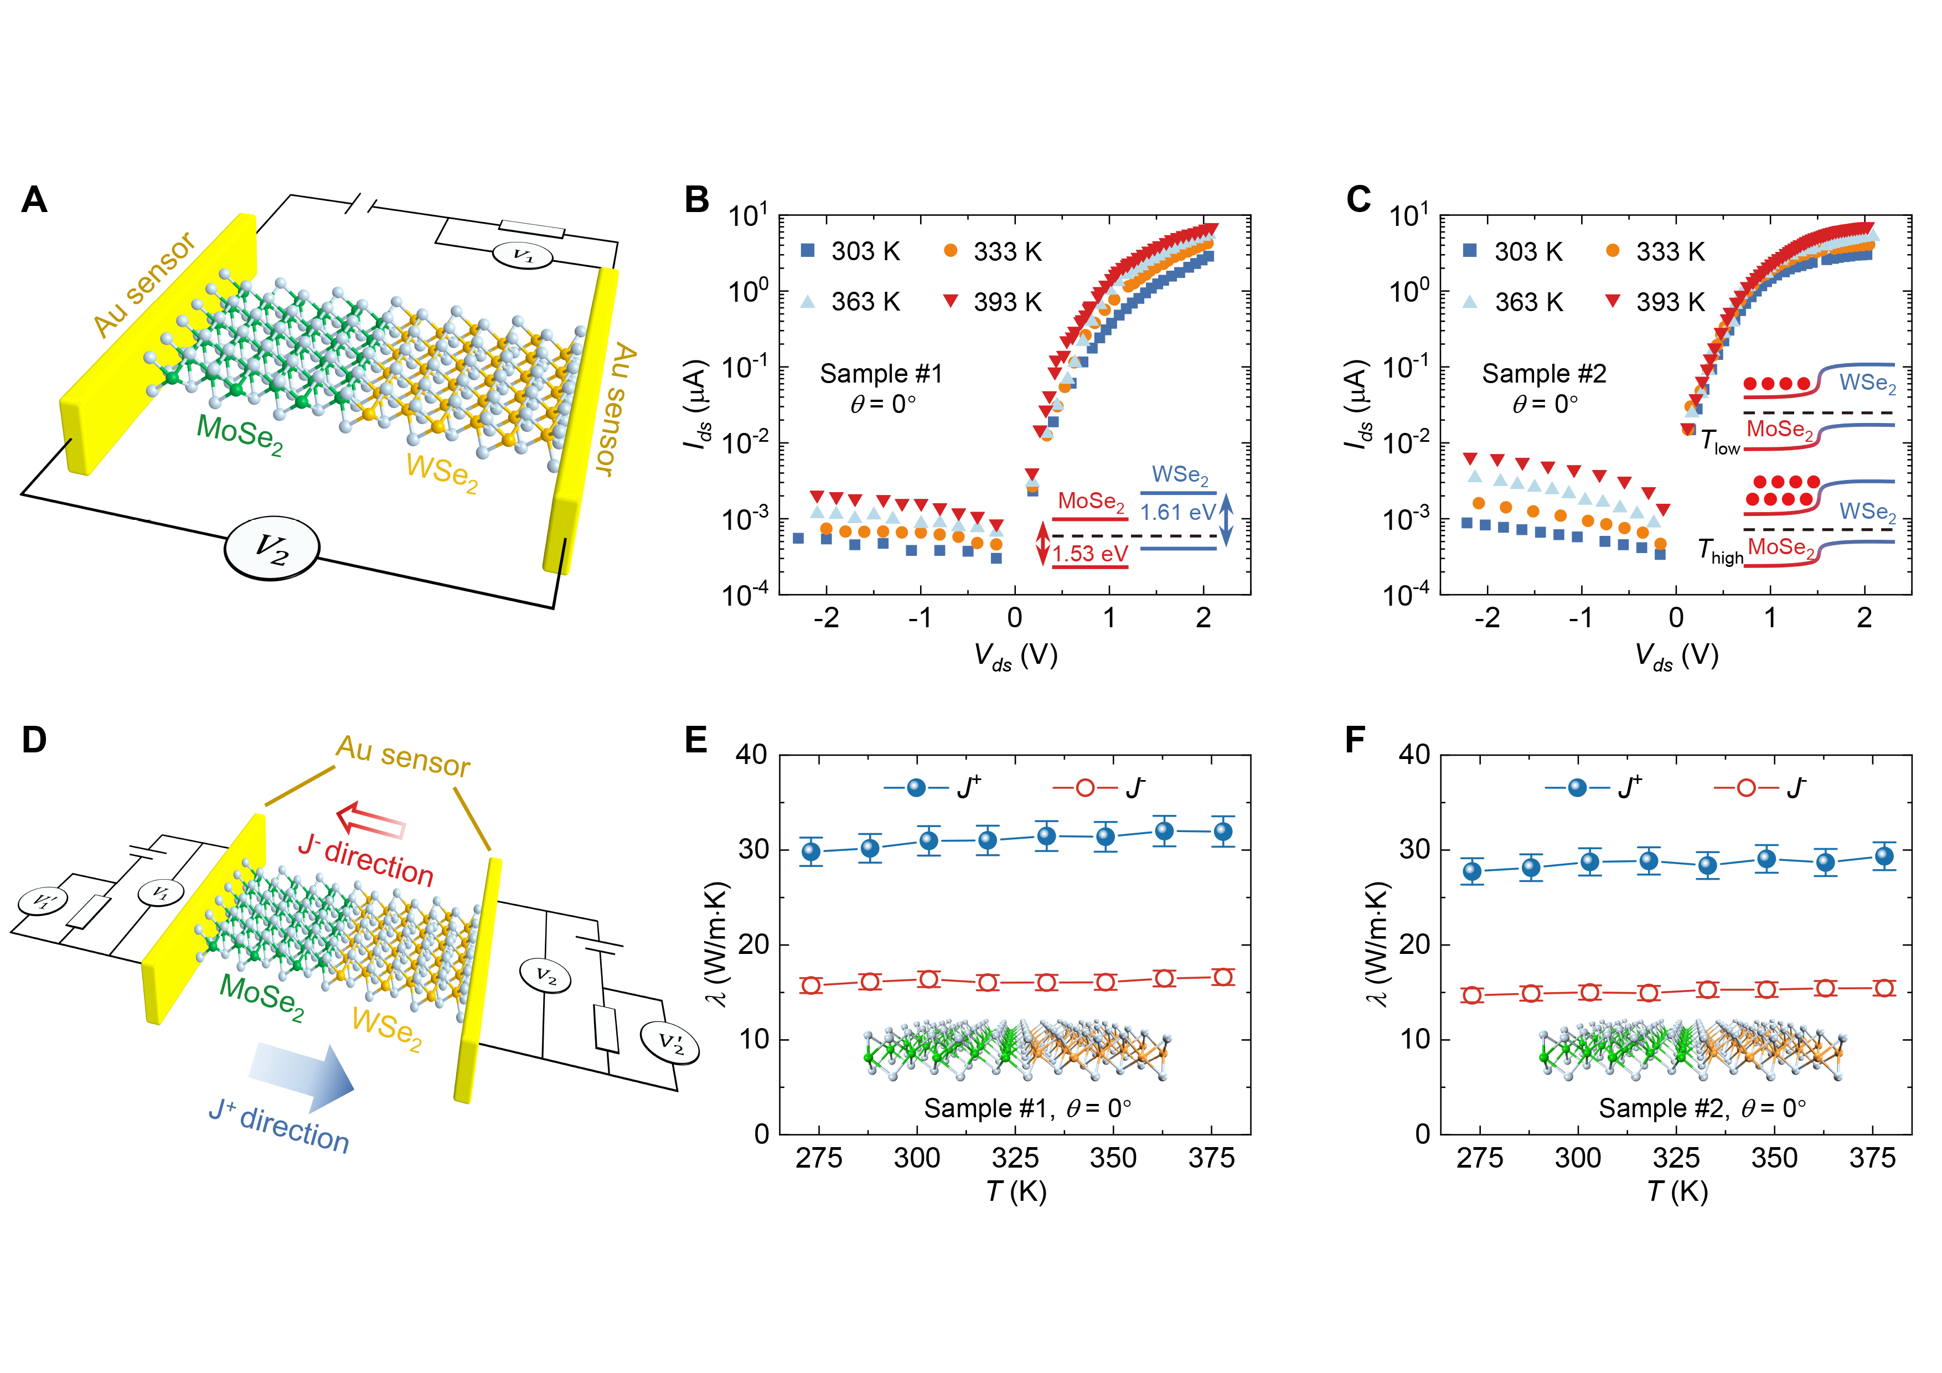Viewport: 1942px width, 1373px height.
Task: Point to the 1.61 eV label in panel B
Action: [1177, 513]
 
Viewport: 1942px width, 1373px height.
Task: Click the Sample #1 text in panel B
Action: [881, 374]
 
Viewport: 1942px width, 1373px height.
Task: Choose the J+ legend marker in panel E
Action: [916, 788]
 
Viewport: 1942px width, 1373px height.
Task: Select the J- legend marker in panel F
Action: [1746, 788]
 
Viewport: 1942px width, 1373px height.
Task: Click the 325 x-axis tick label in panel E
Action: [1015, 1158]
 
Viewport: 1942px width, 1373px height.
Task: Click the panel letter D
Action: [34, 740]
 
